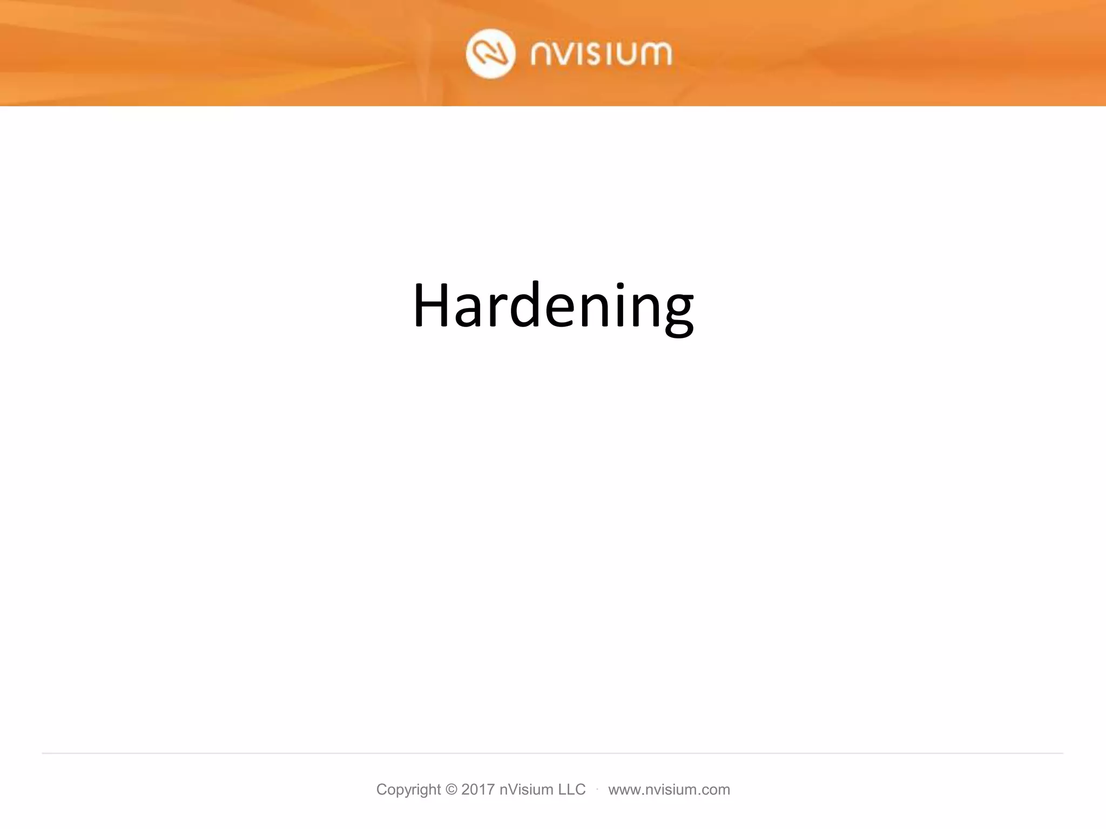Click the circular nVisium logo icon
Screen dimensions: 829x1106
[490, 55]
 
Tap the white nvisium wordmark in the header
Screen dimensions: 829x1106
[601, 55]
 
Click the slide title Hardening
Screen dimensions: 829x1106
[553, 305]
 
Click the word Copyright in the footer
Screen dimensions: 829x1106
[409, 790]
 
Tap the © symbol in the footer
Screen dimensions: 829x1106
[451, 790]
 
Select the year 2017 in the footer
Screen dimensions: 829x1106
[478, 790]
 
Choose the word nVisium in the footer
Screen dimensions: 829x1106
[526, 790]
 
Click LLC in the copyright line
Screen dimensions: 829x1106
[571, 790]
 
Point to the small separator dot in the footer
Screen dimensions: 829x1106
[597, 789]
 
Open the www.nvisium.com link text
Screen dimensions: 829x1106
[669, 790]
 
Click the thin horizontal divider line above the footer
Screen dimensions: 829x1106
[553, 753]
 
